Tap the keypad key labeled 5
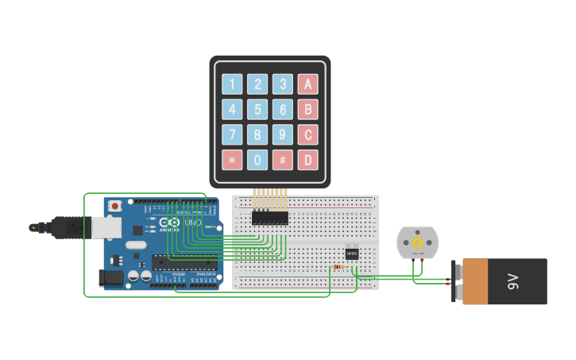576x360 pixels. [x=257, y=110]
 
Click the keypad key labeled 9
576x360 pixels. [x=283, y=134]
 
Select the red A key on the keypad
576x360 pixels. [x=308, y=84]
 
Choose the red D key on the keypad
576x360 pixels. [x=308, y=160]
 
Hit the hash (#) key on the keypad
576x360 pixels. [x=283, y=160]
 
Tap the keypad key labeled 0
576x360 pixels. [x=257, y=160]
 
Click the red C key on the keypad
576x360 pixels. [x=308, y=134]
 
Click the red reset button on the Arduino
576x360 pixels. [x=115, y=206]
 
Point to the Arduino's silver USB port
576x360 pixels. [x=107, y=228]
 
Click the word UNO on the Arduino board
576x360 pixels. [x=193, y=223]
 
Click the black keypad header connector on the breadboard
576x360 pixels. [x=270, y=218]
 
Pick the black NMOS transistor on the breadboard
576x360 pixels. [x=351, y=254]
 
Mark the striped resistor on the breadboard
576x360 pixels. [x=341, y=267]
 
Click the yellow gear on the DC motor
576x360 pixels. [x=417, y=240]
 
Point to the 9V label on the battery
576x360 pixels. [x=513, y=281]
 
